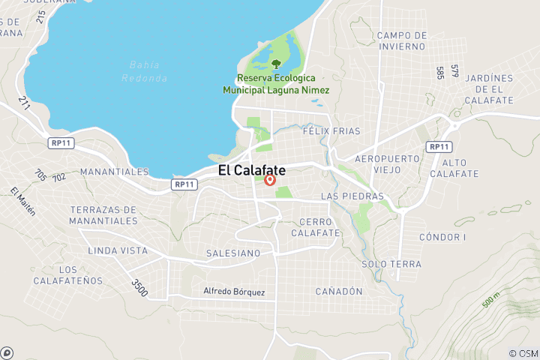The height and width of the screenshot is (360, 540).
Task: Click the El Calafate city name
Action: pos(251,170)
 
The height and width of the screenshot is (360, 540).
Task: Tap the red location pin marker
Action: pos(270,180)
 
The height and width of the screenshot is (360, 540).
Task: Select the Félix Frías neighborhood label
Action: pos(327,130)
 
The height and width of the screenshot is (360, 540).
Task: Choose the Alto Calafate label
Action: pos(460,168)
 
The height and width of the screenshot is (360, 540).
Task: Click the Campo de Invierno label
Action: pos(402,40)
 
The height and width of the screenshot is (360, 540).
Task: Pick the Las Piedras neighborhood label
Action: pos(352,196)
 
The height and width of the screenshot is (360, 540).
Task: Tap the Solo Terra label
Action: pos(391,264)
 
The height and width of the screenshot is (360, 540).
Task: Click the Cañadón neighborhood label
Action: pos(339,291)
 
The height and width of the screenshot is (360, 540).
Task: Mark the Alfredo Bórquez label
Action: pos(234,291)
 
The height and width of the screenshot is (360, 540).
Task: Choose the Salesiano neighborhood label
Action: pos(233,253)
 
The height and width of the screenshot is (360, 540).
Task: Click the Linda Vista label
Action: pos(118,250)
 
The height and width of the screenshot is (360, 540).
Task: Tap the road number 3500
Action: pos(139,286)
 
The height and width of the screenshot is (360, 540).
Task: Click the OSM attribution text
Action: pos(523,353)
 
